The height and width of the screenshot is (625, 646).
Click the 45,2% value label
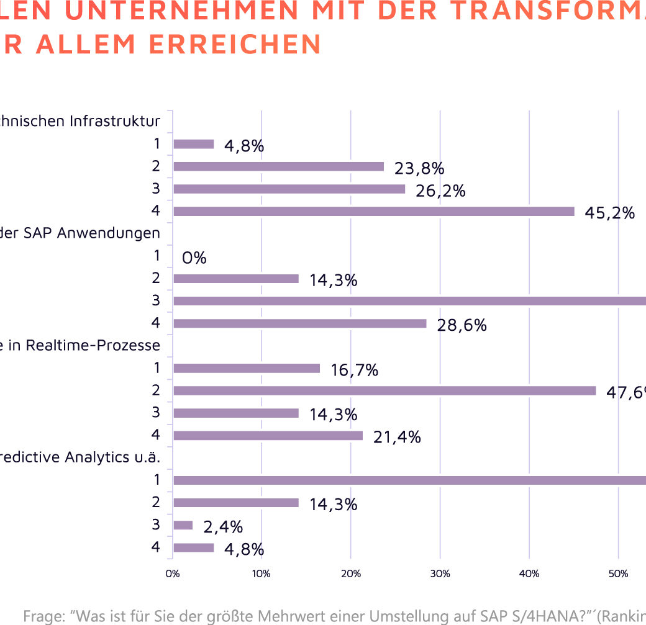609,214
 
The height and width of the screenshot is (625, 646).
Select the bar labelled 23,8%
278,166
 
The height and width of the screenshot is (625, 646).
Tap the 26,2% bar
289,189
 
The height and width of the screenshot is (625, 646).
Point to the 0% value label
194,258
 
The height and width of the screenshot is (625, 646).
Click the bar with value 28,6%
300,323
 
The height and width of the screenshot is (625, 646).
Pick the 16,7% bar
247,368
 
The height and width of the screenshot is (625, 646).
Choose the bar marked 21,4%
268,436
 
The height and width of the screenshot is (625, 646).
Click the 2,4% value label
223,527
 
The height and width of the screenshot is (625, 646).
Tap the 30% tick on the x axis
440,574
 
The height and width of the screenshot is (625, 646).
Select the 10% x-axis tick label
262,574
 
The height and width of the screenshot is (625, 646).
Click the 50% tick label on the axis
618,574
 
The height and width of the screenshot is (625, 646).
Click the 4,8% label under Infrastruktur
245,146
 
